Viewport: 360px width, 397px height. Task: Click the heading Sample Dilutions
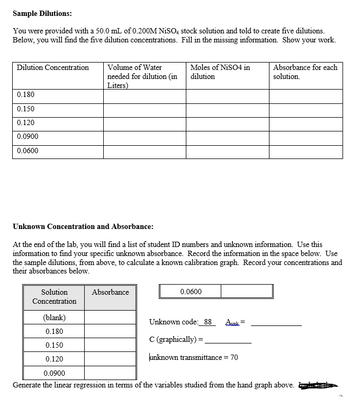click(x=43, y=13)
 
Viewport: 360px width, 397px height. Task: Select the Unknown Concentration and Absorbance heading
click(x=83, y=226)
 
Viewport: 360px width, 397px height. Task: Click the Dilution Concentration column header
click(x=53, y=68)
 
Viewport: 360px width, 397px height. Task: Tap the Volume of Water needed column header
click(x=142, y=76)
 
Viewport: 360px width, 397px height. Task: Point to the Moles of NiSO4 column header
click(x=220, y=72)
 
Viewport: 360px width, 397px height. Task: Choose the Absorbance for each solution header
click(x=305, y=72)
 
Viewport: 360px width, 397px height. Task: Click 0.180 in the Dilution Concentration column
click(x=25, y=95)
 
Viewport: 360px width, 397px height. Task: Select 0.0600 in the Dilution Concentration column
click(x=28, y=151)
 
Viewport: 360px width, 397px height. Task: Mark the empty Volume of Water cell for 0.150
click(x=145, y=109)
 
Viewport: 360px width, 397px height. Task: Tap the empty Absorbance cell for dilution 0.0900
click(x=305, y=137)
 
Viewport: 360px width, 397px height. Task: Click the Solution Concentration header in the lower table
click(x=55, y=297)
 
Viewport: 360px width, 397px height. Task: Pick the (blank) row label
click(x=54, y=317)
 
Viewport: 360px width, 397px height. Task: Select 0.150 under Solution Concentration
click(x=55, y=345)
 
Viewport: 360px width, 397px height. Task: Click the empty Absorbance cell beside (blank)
click(x=111, y=317)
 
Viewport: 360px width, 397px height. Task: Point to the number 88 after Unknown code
click(x=208, y=322)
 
